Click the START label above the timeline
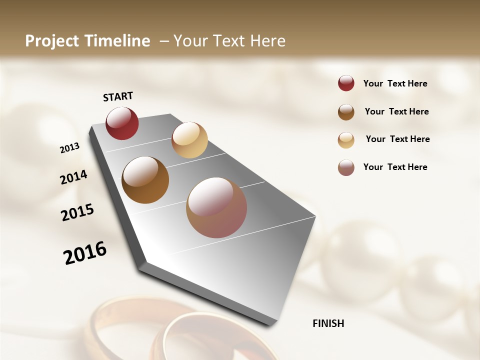(x=118, y=96)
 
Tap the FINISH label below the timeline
(x=328, y=323)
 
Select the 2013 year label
(x=69, y=148)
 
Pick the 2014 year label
(x=73, y=177)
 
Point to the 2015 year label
(x=77, y=212)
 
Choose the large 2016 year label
(x=85, y=252)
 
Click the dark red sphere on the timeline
(x=122, y=123)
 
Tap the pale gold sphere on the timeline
(x=189, y=140)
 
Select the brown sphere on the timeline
(x=145, y=180)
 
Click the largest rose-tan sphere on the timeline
(x=216, y=207)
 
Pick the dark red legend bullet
(x=346, y=83)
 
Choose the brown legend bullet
(x=346, y=112)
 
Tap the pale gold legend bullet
(x=346, y=140)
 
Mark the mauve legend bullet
(x=346, y=167)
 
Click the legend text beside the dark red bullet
(x=395, y=84)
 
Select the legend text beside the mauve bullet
(x=395, y=167)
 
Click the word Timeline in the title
(x=118, y=41)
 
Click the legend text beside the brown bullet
(x=396, y=111)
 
